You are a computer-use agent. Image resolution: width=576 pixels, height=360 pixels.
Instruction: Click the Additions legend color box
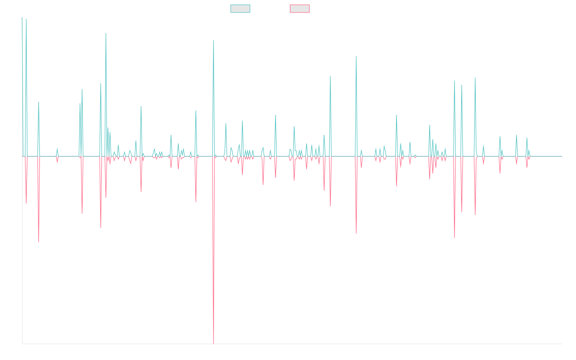(240, 9)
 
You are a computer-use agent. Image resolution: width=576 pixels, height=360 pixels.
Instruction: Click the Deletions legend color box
(300, 9)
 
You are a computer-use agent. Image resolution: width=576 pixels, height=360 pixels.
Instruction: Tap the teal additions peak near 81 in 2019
(213, 40)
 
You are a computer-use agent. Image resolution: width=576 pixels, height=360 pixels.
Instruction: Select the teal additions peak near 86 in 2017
(106, 33)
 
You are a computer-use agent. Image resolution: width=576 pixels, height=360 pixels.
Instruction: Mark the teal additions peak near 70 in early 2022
(356, 56)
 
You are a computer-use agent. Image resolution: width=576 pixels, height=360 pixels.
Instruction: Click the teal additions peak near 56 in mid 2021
(330, 76)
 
